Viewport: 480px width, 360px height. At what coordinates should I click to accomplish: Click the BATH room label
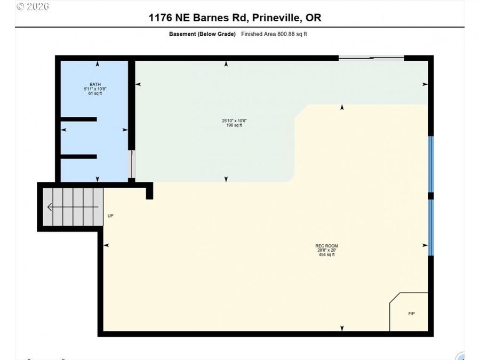click(95, 84)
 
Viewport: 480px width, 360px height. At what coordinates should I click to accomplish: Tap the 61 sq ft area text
click(95, 93)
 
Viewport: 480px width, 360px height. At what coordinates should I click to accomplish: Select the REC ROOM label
click(326, 246)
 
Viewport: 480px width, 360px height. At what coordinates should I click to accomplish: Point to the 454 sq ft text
click(326, 254)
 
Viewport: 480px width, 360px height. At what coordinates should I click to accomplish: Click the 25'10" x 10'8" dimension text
click(234, 121)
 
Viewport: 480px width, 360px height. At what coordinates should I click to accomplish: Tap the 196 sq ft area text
click(234, 125)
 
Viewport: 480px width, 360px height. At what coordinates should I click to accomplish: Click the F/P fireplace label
click(411, 314)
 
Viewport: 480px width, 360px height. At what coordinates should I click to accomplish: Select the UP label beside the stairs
click(110, 216)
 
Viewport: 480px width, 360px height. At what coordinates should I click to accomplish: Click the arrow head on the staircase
click(50, 207)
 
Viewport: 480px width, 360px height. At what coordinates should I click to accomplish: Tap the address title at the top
click(235, 18)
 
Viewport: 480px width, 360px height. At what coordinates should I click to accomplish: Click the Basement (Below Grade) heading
click(202, 34)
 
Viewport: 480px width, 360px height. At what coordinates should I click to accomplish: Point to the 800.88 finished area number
click(284, 34)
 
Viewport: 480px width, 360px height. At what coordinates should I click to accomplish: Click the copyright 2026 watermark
click(33, 6)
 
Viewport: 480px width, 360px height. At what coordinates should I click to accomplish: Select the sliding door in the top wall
click(371, 58)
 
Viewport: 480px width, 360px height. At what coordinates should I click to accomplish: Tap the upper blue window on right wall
click(431, 164)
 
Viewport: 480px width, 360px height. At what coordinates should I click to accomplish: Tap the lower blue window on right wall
click(431, 227)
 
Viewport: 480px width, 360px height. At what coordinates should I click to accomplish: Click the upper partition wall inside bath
click(79, 119)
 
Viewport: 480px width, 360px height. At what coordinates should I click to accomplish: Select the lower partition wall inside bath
click(79, 157)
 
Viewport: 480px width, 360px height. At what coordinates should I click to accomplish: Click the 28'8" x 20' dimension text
click(326, 250)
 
